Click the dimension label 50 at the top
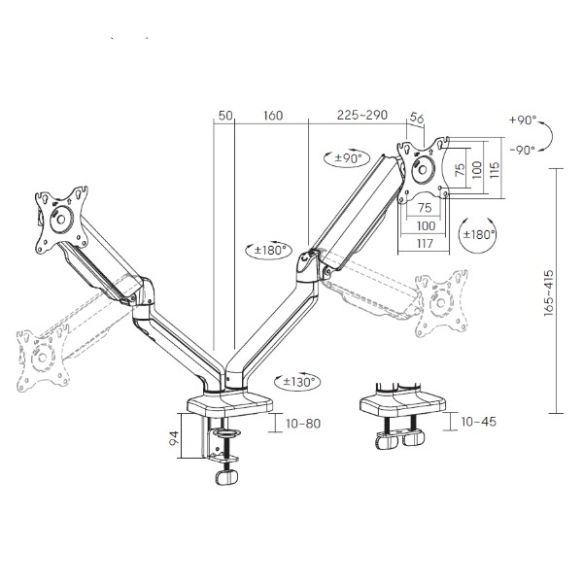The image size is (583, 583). click(x=225, y=116)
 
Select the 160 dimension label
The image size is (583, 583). click(x=273, y=116)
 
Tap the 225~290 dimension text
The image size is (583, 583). click(x=362, y=115)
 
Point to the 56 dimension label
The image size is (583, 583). click(x=417, y=119)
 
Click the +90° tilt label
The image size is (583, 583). click(x=523, y=120)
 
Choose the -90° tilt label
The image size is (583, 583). click(x=523, y=151)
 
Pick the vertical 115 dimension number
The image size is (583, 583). click(x=495, y=170)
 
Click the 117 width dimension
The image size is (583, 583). click(x=425, y=244)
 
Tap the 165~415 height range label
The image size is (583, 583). click(x=549, y=293)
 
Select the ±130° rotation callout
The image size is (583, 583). click(x=297, y=382)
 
